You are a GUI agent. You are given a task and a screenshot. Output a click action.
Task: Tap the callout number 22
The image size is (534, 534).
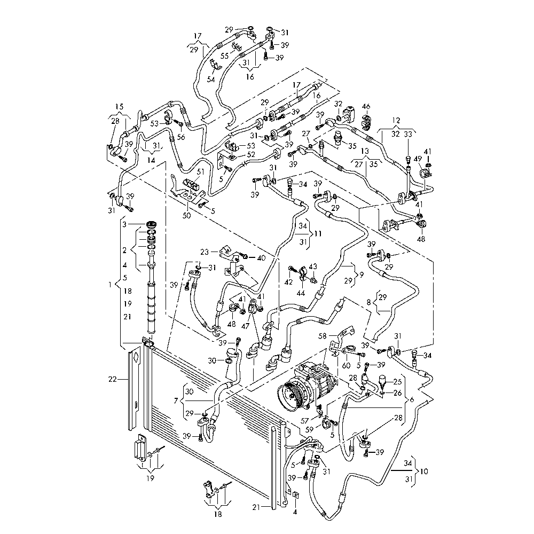(112, 379)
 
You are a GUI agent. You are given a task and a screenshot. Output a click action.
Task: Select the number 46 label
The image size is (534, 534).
(366, 107)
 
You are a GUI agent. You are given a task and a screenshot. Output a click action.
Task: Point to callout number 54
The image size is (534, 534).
(211, 80)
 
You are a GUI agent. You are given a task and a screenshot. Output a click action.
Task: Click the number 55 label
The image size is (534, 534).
(225, 56)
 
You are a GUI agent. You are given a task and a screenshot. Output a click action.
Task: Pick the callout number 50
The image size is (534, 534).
(186, 216)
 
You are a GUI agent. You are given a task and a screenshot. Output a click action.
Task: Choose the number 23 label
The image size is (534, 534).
(205, 253)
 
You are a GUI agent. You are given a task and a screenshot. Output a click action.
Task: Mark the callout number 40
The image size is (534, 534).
(261, 258)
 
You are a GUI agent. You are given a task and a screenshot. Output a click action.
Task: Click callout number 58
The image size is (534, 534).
(322, 336)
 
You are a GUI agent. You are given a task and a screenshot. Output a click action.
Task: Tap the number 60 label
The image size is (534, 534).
(346, 365)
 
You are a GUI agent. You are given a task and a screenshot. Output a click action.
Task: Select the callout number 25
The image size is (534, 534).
(397, 382)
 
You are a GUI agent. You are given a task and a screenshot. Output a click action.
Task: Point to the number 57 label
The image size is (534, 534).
(305, 421)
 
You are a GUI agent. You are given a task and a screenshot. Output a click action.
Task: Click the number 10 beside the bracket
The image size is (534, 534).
(425, 472)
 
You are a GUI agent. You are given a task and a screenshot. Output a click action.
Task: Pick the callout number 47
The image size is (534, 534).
(245, 326)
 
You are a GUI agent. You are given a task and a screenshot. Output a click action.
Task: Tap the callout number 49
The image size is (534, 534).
(418, 159)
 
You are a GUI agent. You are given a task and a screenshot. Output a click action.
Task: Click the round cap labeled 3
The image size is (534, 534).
(151, 225)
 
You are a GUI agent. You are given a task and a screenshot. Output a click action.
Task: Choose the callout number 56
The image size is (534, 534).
(181, 137)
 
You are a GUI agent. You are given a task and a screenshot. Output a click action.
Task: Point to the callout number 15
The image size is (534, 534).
(119, 107)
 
